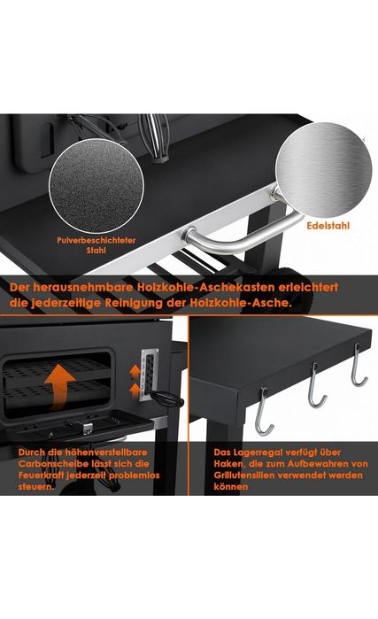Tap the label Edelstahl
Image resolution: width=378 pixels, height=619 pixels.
328,226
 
